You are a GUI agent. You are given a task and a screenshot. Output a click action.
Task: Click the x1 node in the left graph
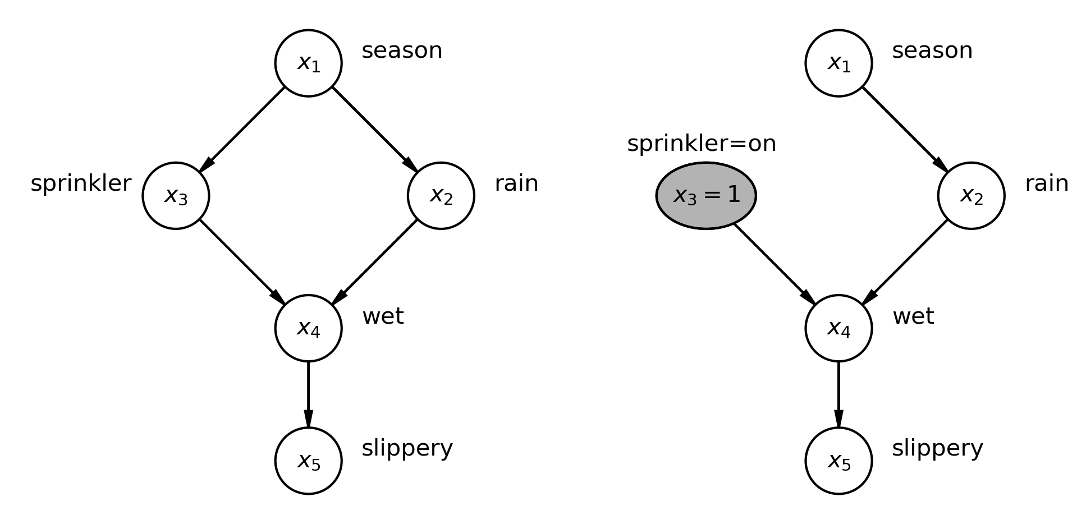pyautogui.click(x=308, y=63)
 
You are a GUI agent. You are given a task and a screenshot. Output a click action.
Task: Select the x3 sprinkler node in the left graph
pyautogui.click(x=176, y=196)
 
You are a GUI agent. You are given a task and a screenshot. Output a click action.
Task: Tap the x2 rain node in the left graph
pyautogui.click(x=441, y=196)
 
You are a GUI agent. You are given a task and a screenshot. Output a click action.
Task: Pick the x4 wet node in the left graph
pyautogui.click(x=308, y=328)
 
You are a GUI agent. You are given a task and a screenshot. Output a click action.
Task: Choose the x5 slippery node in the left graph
pyautogui.click(x=308, y=461)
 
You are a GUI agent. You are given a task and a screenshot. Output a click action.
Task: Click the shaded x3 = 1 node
pyautogui.click(x=706, y=196)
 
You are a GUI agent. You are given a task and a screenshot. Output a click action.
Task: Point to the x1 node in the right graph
pyautogui.click(x=838, y=63)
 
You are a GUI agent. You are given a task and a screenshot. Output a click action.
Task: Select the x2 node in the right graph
pyautogui.click(x=971, y=196)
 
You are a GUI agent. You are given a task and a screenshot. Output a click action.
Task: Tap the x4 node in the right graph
pyautogui.click(x=838, y=328)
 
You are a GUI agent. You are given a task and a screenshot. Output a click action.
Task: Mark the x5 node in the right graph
pyautogui.click(x=838, y=461)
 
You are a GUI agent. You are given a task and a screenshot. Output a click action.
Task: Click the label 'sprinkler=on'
pyautogui.click(x=701, y=144)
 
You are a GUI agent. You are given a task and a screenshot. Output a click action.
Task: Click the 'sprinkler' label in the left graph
pyautogui.click(x=81, y=183)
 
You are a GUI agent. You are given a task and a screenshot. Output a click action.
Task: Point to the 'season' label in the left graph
pyautogui.click(x=402, y=51)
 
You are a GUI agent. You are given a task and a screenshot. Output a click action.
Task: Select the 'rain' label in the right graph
pyautogui.click(x=1046, y=183)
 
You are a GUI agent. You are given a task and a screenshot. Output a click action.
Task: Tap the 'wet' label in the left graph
pyautogui.click(x=383, y=316)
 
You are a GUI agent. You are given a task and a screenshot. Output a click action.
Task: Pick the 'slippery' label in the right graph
pyautogui.click(x=937, y=448)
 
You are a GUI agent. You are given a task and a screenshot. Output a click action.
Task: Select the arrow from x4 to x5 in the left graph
pyautogui.click(x=308, y=394)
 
